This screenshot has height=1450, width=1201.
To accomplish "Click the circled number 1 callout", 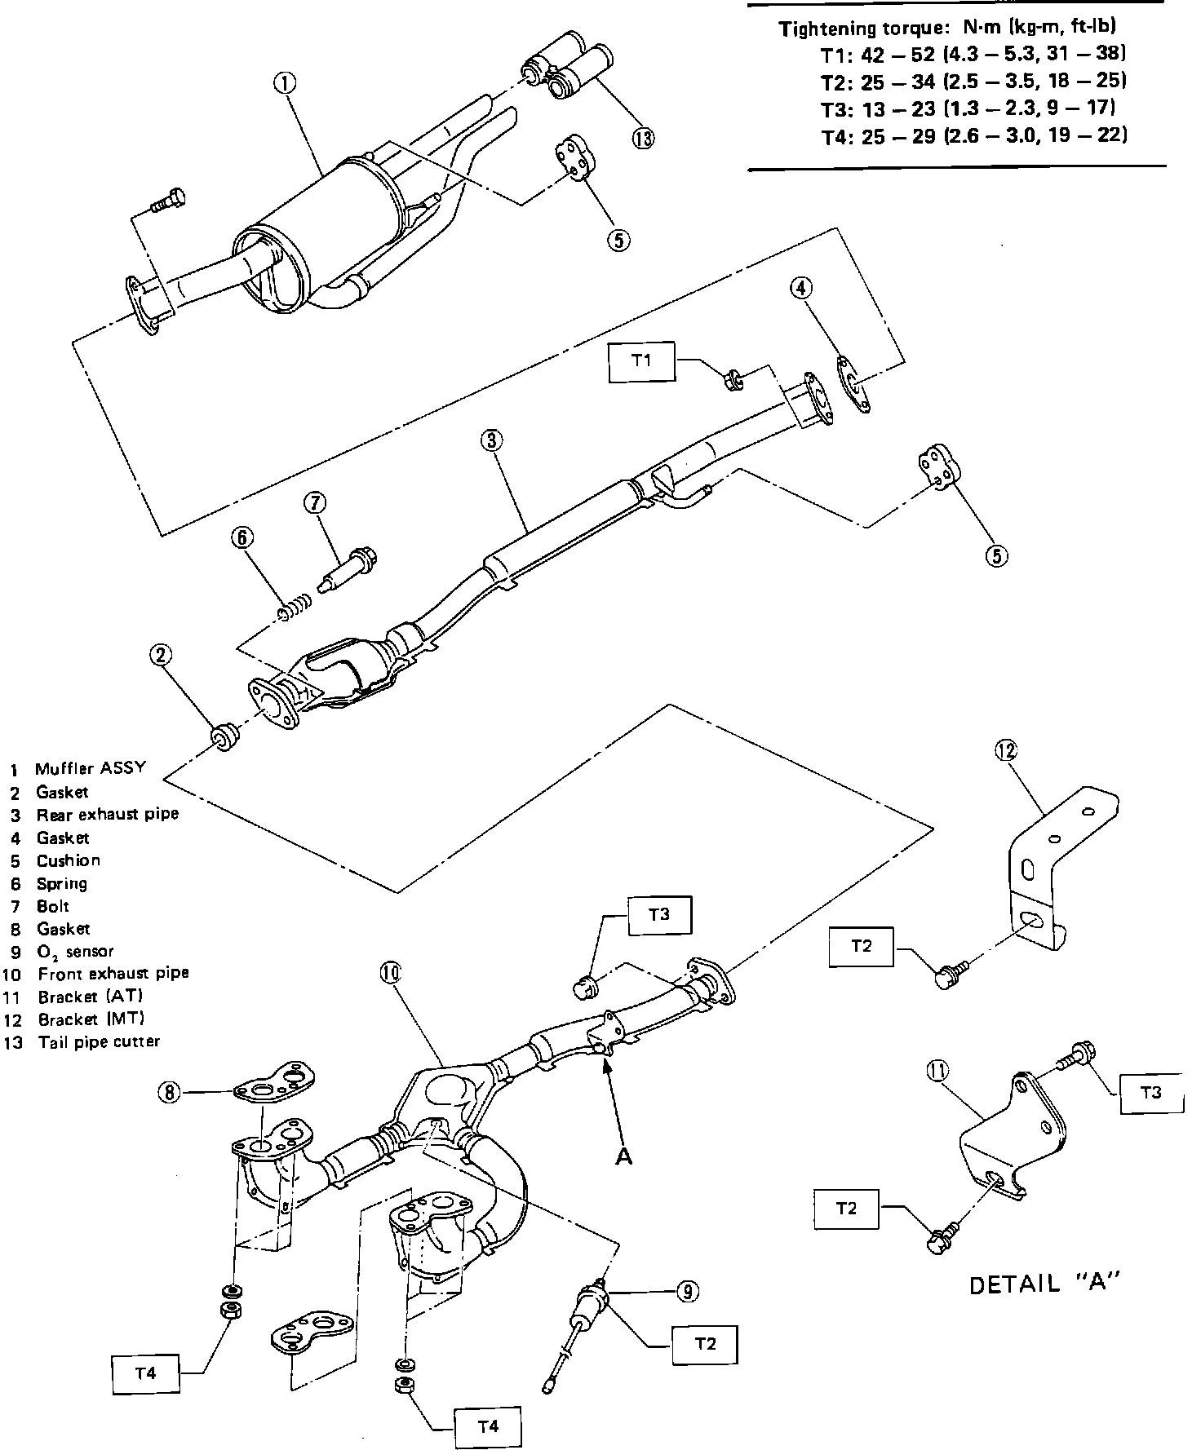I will pos(285,82).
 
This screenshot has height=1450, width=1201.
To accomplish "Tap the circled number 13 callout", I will pos(643,138).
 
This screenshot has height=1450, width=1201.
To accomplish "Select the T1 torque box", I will pos(641,360).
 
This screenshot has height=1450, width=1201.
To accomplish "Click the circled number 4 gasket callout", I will pos(802,288).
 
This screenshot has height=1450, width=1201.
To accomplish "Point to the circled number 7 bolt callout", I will pos(316,503).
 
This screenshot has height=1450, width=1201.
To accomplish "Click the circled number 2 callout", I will pos(161,654).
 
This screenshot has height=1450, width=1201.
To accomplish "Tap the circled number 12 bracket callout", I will pos(1006,749).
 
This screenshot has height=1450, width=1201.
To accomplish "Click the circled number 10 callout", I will pos(388,972).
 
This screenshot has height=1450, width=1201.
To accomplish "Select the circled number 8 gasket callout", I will pos(169,1093).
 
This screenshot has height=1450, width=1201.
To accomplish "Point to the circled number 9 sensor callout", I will pos(687,1291).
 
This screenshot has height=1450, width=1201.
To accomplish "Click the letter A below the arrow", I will pos(624,1158).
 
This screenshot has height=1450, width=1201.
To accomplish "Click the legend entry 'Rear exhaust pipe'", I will pos(107,815).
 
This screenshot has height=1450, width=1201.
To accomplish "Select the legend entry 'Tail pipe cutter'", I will pos(99,1042).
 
